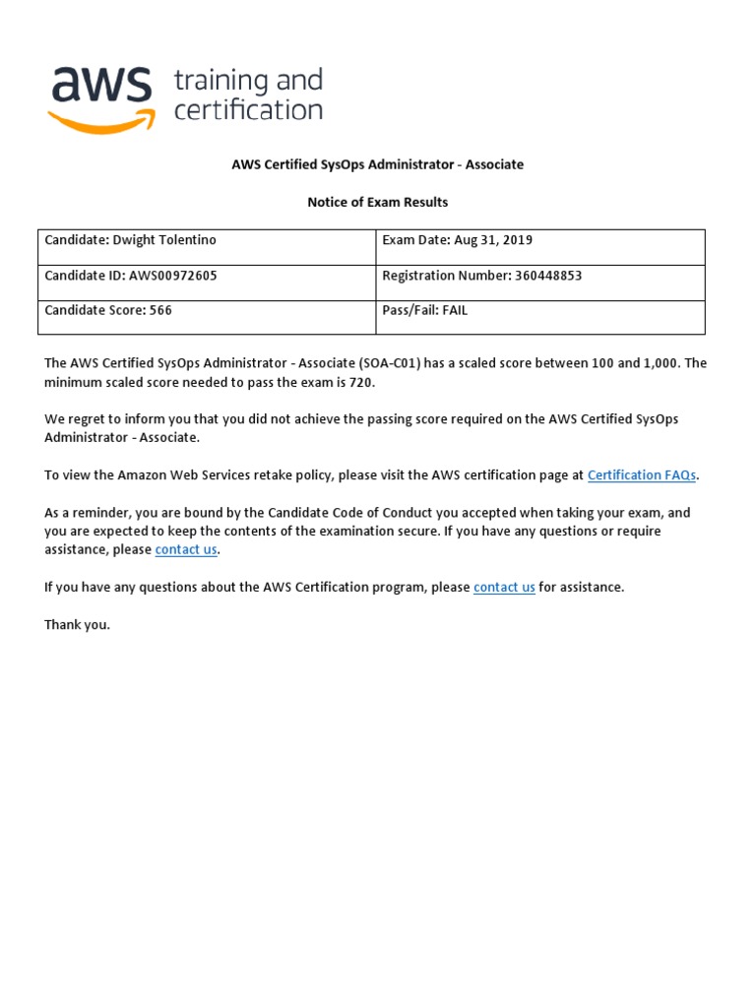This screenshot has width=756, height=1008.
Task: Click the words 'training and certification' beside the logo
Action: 248,94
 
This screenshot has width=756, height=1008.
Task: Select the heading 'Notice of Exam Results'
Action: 377,202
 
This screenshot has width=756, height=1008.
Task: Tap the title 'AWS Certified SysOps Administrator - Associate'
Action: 377,164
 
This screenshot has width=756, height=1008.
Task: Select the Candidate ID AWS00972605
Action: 173,276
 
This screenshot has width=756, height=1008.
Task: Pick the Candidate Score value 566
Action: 160,310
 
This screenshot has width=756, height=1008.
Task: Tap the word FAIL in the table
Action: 455,310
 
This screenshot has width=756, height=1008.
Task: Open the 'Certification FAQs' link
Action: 642,474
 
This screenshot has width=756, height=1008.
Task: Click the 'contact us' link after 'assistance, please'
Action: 186,549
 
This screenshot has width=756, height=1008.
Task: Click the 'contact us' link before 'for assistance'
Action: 504,587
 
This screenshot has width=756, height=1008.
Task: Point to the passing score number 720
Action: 362,382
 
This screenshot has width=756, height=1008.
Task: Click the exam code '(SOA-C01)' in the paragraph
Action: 391,363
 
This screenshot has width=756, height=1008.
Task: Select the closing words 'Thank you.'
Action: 78,624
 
